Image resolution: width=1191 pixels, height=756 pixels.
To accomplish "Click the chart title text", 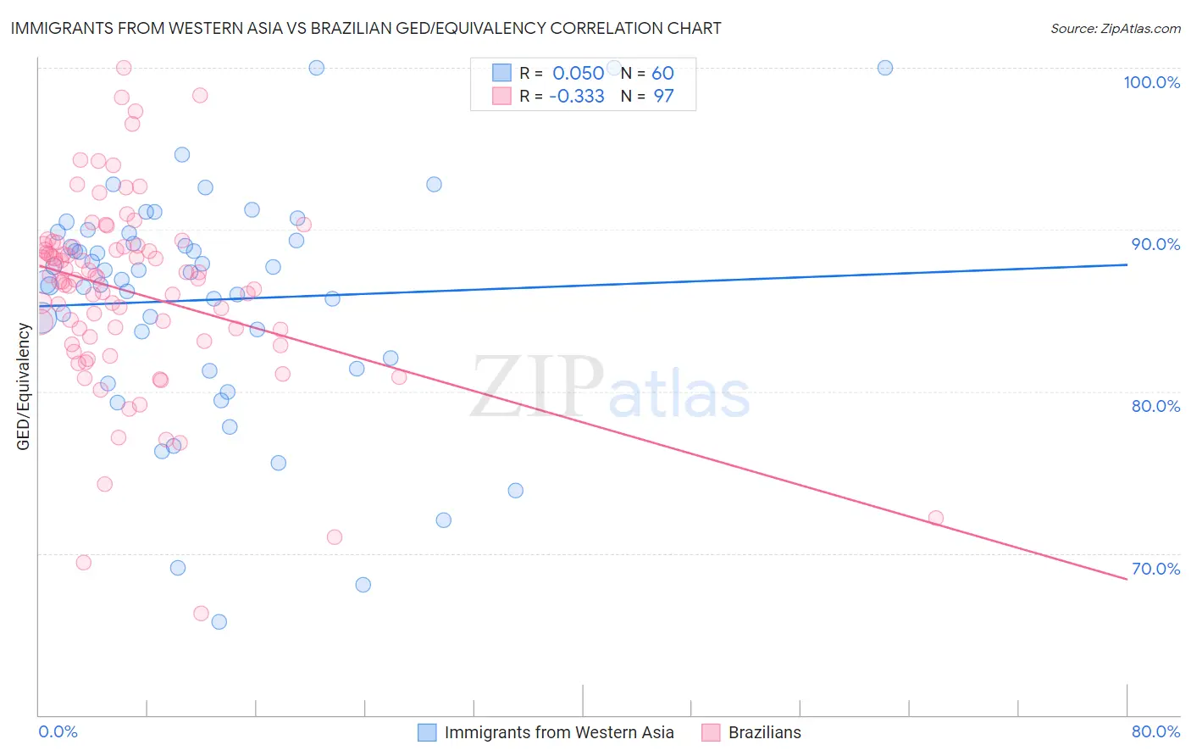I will [x=366, y=28].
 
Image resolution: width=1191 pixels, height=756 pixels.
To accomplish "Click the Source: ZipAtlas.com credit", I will [x=1115, y=29].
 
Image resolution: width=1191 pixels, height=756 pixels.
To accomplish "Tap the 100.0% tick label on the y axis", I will [x=1151, y=82].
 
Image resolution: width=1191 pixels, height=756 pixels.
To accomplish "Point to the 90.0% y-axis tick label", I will [x=1155, y=244].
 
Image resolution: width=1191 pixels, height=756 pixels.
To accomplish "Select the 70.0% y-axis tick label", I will [x=1155, y=569].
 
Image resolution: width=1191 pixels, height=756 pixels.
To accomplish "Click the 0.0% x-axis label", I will [x=58, y=731].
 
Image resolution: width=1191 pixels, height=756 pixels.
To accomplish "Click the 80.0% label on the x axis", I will [x=1155, y=731].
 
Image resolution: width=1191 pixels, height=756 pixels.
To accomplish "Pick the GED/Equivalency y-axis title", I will [x=24, y=386].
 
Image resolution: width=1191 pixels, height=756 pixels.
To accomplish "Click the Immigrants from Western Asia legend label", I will [x=559, y=732].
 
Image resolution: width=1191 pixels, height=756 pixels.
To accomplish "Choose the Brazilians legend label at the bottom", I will [x=764, y=732].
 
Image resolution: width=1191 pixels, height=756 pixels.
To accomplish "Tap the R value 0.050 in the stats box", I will [x=578, y=73].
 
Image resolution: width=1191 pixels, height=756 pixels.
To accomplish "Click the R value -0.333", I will [x=576, y=97].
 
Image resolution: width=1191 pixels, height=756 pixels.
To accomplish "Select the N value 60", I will [x=662, y=73].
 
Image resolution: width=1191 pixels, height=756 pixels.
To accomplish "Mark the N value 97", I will [x=662, y=97].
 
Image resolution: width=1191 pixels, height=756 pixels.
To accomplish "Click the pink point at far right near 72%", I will [x=935, y=518].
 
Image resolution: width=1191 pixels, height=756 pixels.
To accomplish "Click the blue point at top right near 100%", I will [x=884, y=68].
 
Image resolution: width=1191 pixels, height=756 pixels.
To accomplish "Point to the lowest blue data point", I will [x=219, y=621].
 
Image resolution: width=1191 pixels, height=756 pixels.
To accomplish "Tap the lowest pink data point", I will [x=201, y=613].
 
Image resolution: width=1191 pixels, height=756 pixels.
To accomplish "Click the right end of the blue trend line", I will [x=1127, y=264].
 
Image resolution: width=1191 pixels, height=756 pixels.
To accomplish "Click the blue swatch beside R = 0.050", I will [x=501, y=73].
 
